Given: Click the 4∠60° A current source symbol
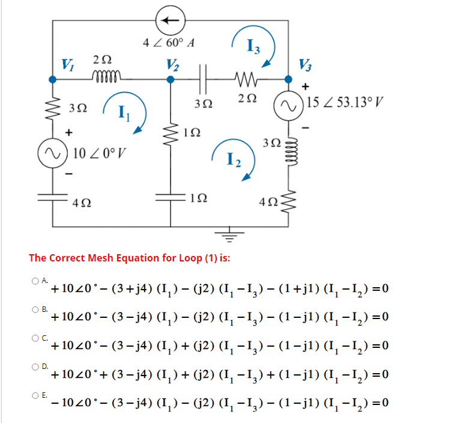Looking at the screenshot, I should pyautogui.click(x=170, y=20).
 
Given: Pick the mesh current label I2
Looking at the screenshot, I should pyautogui.click(x=235, y=159).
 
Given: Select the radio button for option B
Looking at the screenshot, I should pyautogui.click(x=37, y=309).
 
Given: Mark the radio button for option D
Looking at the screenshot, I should pyautogui.click(x=37, y=367).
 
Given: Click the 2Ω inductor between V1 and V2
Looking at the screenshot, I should pyautogui.click(x=106, y=77).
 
